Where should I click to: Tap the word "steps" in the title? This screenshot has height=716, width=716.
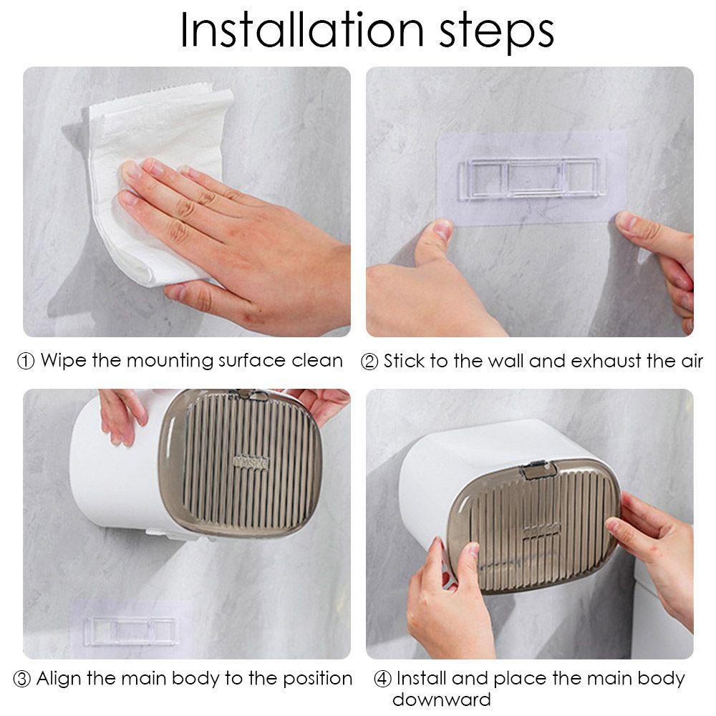coord(497,33)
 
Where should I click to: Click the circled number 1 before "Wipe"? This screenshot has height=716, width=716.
coord(26,361)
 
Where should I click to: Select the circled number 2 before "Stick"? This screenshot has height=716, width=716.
coord(369,362)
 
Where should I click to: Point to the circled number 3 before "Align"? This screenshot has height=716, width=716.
coord(21,679)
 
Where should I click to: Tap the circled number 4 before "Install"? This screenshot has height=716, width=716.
coord(382,679)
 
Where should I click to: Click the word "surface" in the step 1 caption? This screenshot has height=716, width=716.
coord(252,361)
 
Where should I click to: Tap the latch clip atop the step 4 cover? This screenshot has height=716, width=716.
coord(539,470)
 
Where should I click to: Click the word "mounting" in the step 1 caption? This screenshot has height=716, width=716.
coord(170,362)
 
